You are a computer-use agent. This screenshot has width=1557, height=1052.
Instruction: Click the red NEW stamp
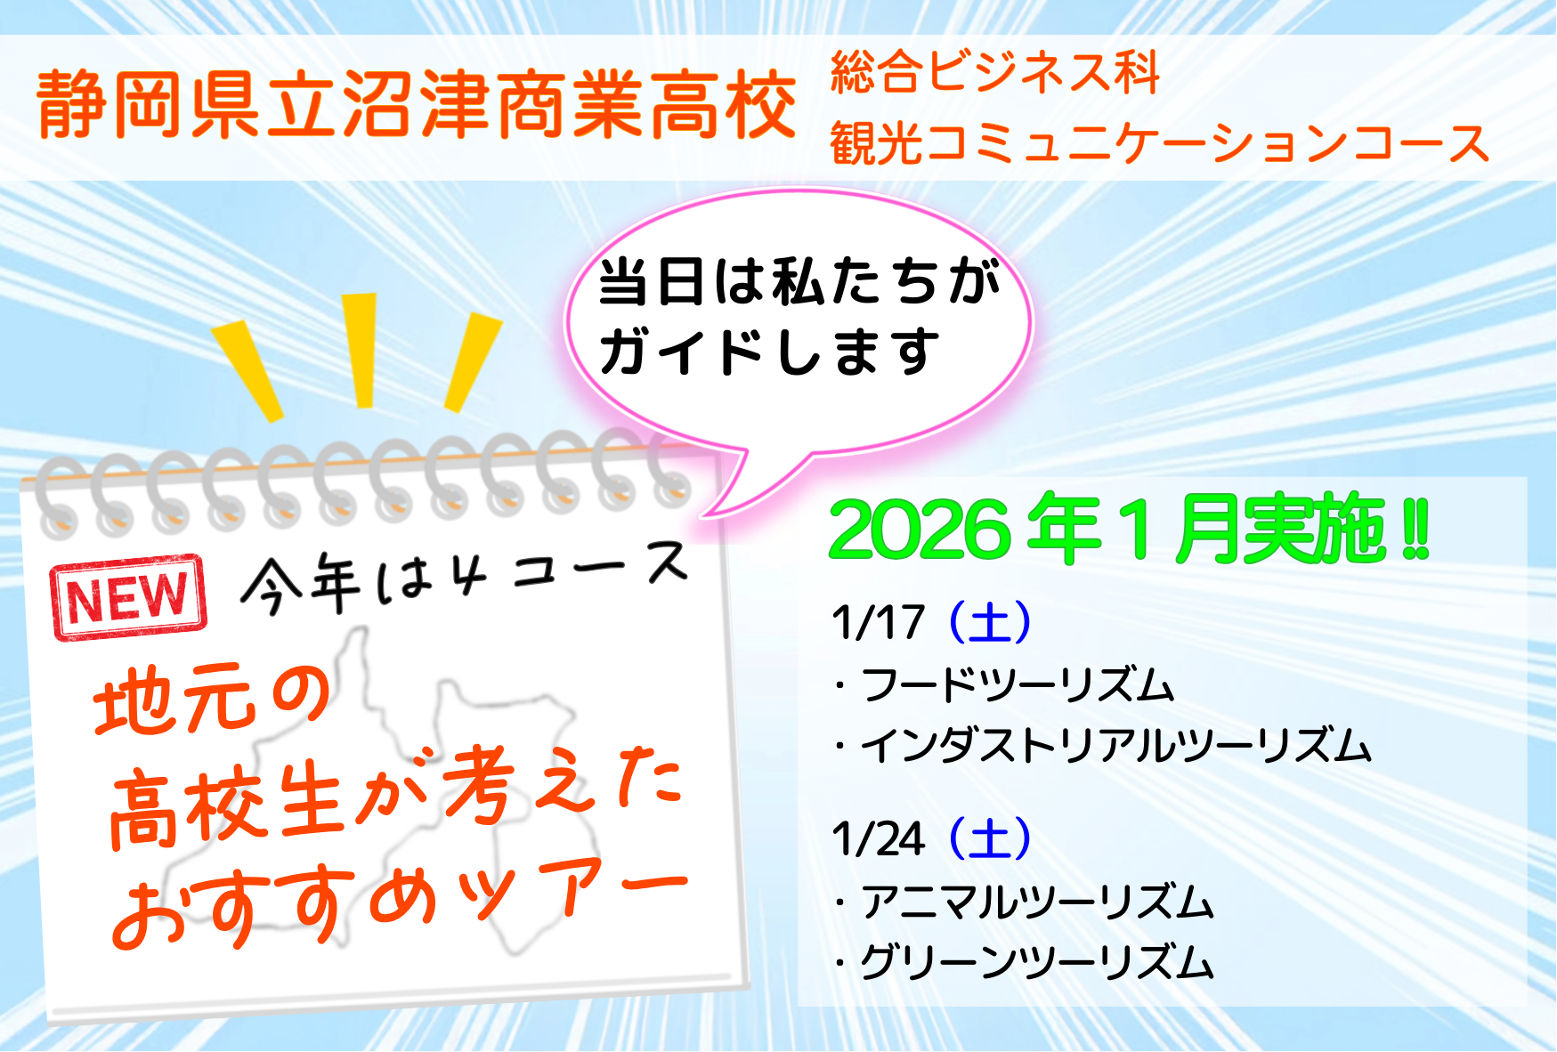click(129, 597)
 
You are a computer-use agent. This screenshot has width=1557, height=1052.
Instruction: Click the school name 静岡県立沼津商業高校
click(417, 106)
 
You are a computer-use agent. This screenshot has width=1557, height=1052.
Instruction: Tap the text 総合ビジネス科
click(995, 71)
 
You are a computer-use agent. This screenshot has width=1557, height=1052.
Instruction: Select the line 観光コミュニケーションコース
click(1160, 142)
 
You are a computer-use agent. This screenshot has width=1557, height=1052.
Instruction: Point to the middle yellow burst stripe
click(361, 350)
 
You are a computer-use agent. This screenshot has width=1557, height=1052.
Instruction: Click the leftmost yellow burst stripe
click(247, 371)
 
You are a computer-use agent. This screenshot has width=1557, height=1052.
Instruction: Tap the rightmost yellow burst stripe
click(473, 362)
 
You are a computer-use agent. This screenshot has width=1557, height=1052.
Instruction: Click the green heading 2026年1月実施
click(1129, 530)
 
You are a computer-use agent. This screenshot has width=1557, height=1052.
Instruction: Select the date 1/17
click(878, 622)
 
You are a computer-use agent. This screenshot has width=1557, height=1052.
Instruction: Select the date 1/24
click(878, 839)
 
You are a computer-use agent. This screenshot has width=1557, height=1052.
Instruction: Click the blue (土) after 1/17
click(990, 622)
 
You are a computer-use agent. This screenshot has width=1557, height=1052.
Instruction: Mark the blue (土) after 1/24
click(990, 839)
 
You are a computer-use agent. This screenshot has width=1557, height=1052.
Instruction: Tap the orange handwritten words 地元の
click(212, 699)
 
